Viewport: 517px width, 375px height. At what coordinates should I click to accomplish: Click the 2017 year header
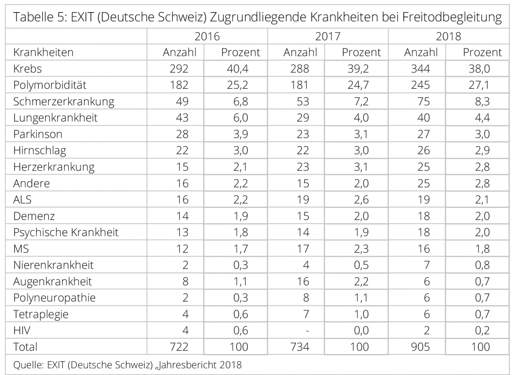pyautogui.click(x=327, y=36)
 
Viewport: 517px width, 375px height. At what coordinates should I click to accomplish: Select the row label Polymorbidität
pyautogui.click(x=50, y=85)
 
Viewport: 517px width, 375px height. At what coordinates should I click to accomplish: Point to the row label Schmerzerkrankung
pyautogui.click(x=64, y=102)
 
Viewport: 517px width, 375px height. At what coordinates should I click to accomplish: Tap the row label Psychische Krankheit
pyautogui.click(x=66, y=232)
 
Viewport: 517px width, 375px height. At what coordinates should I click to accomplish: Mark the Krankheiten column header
pyautogui.click(x=44, y=53)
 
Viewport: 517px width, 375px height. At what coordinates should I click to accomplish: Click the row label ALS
pyautogui.click(x=23, y=200)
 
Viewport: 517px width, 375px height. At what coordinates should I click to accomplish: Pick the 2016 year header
pyautogui.click(x=207, y=36)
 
